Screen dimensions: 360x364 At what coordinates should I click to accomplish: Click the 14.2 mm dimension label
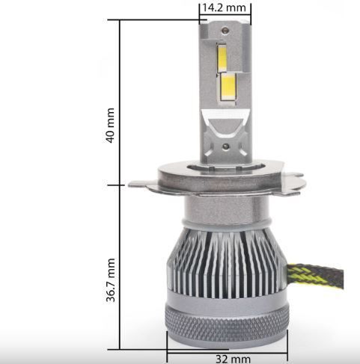tap(224, 7)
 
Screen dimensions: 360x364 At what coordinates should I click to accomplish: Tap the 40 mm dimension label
tap(110, 126)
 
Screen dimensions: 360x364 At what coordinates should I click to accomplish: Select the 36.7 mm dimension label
tap(111, 280)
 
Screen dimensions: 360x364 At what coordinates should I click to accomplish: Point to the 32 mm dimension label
tap(233, 360)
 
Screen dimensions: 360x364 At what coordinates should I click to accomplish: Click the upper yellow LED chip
tap(222, 58)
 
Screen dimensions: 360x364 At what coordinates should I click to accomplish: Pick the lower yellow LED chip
tap(228, 87)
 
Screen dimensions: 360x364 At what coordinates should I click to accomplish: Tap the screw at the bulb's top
tap(225, 31)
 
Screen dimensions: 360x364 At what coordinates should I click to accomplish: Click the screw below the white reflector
tap(226, 146)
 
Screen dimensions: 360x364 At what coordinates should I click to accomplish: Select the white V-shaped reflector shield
tap(225, 123)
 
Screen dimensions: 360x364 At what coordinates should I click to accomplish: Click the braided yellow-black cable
tap(316, 276)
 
